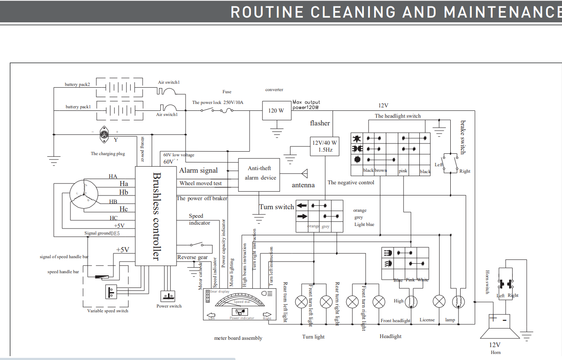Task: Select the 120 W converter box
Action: (x=275, y=110)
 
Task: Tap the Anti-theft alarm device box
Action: (x=260, y=173)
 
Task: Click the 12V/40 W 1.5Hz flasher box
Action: (x=324, y=146)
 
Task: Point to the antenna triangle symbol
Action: (x=305, y=174)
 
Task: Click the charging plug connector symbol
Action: (x=104, y=134)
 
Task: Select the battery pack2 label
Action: (x=77, y=85)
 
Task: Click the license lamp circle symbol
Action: (x=439, y=301)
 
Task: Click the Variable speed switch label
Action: (x=108, y=311)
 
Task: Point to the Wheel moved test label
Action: (x=201, y=183)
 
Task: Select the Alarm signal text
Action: (x=199, y=171)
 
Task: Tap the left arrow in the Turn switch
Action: (x=302, y=205)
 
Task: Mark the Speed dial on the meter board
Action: (x=241, y=302)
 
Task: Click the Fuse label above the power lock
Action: (x=227, y=92)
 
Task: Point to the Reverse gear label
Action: (x=192, y=257)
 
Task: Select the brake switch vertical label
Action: (x=462, y=137)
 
